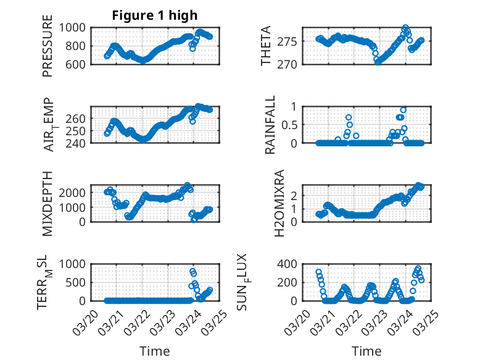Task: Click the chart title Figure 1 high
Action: pos(155,15)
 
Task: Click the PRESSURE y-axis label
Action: pos(48,50)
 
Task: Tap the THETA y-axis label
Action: pos(266,46)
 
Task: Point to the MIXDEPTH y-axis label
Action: pos(48,203)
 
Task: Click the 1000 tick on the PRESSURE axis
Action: pos(76,28)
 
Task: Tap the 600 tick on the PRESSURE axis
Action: pos(79,64)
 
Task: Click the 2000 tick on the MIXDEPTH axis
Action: pos(76,193)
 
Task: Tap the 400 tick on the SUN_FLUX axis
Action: pos(291,264)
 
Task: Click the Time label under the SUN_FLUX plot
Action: pos(366,351)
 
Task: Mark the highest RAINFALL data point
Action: pos(403,110)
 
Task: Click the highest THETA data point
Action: pos(405,28)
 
